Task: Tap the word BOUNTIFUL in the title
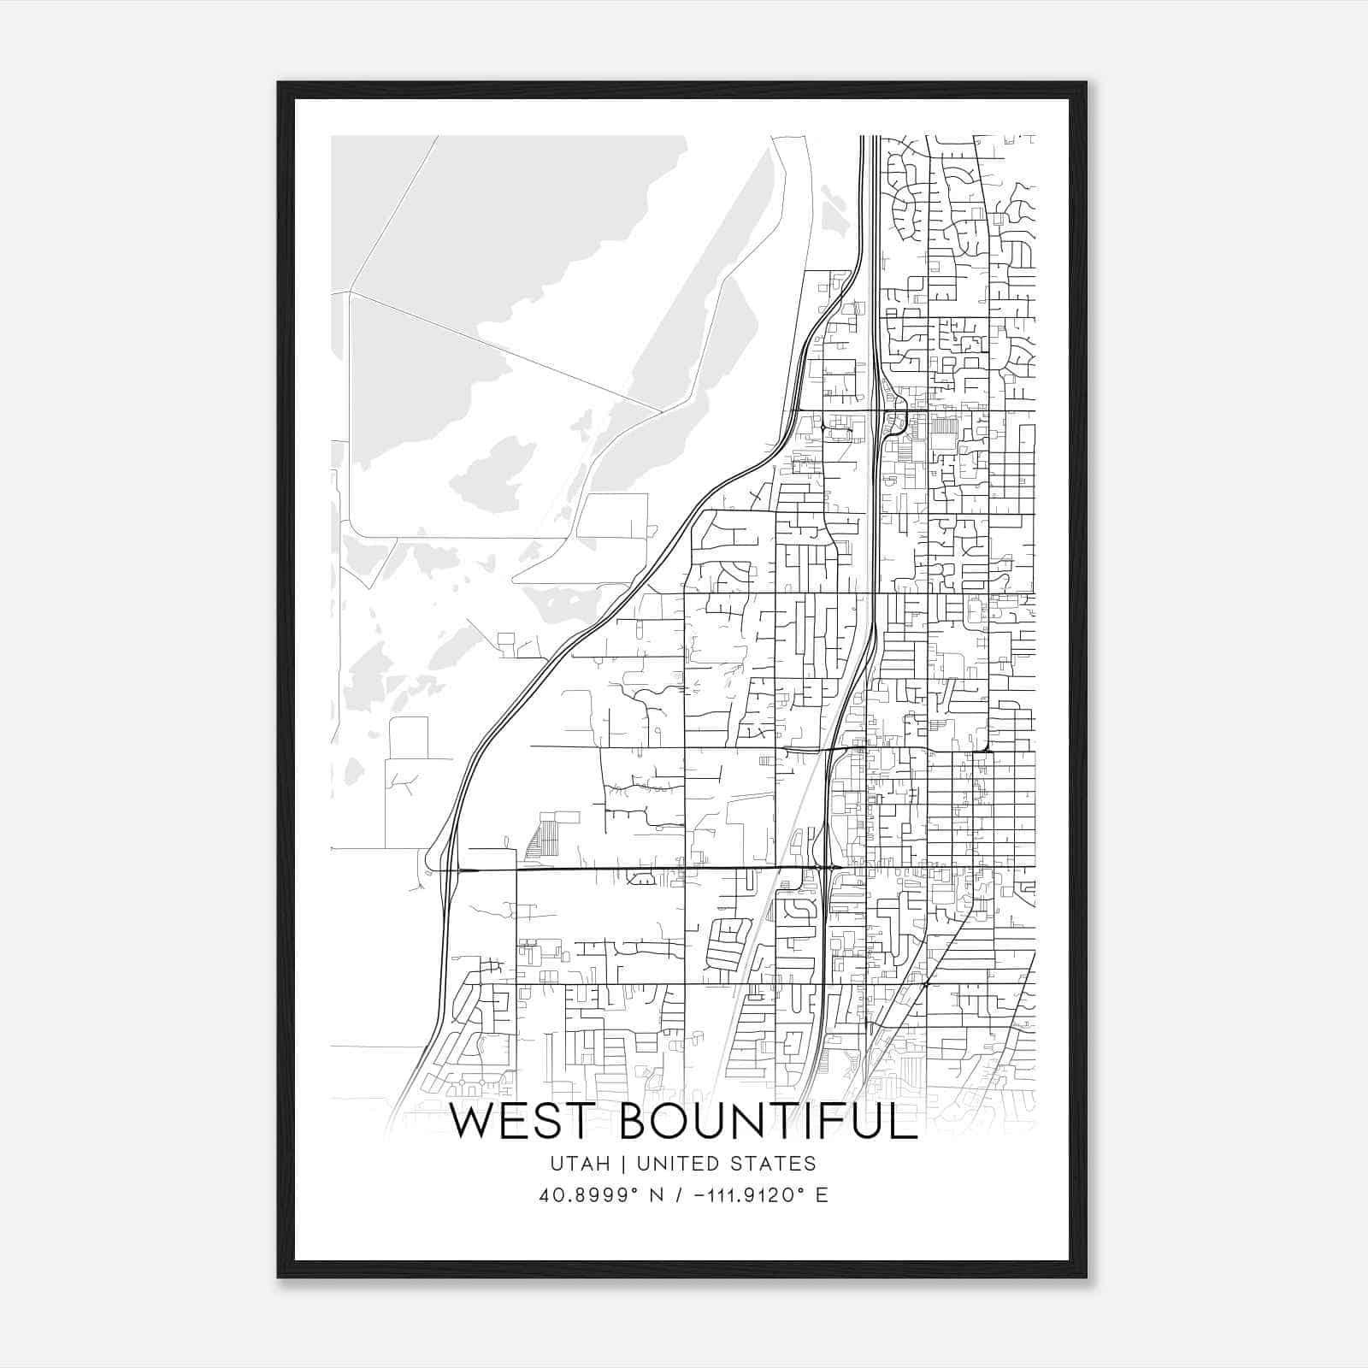(x=768, y=1122)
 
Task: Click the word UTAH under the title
(x=581, y=1164)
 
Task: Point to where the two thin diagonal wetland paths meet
(x=662, y=412)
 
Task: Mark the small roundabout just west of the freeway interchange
(x=823, y=426)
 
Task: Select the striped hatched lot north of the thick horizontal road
(x=542, y=835)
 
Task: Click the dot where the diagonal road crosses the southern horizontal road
(x=926, y=984)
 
